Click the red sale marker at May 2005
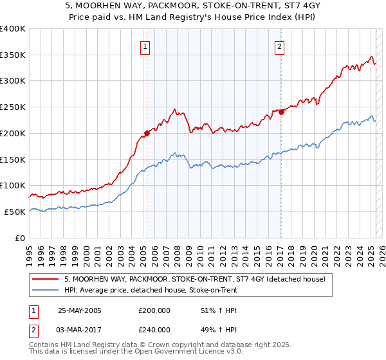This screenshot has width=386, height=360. click(147, 133)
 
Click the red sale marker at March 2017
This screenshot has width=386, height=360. click(281, 112)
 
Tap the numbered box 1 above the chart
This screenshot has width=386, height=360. click(146, 46)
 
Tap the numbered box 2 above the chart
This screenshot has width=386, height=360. click(280, 46)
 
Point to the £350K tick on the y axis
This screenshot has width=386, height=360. click(13, 55)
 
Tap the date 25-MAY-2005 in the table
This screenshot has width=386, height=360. click(80, 310)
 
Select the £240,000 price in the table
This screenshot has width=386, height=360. click(154, 330)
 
